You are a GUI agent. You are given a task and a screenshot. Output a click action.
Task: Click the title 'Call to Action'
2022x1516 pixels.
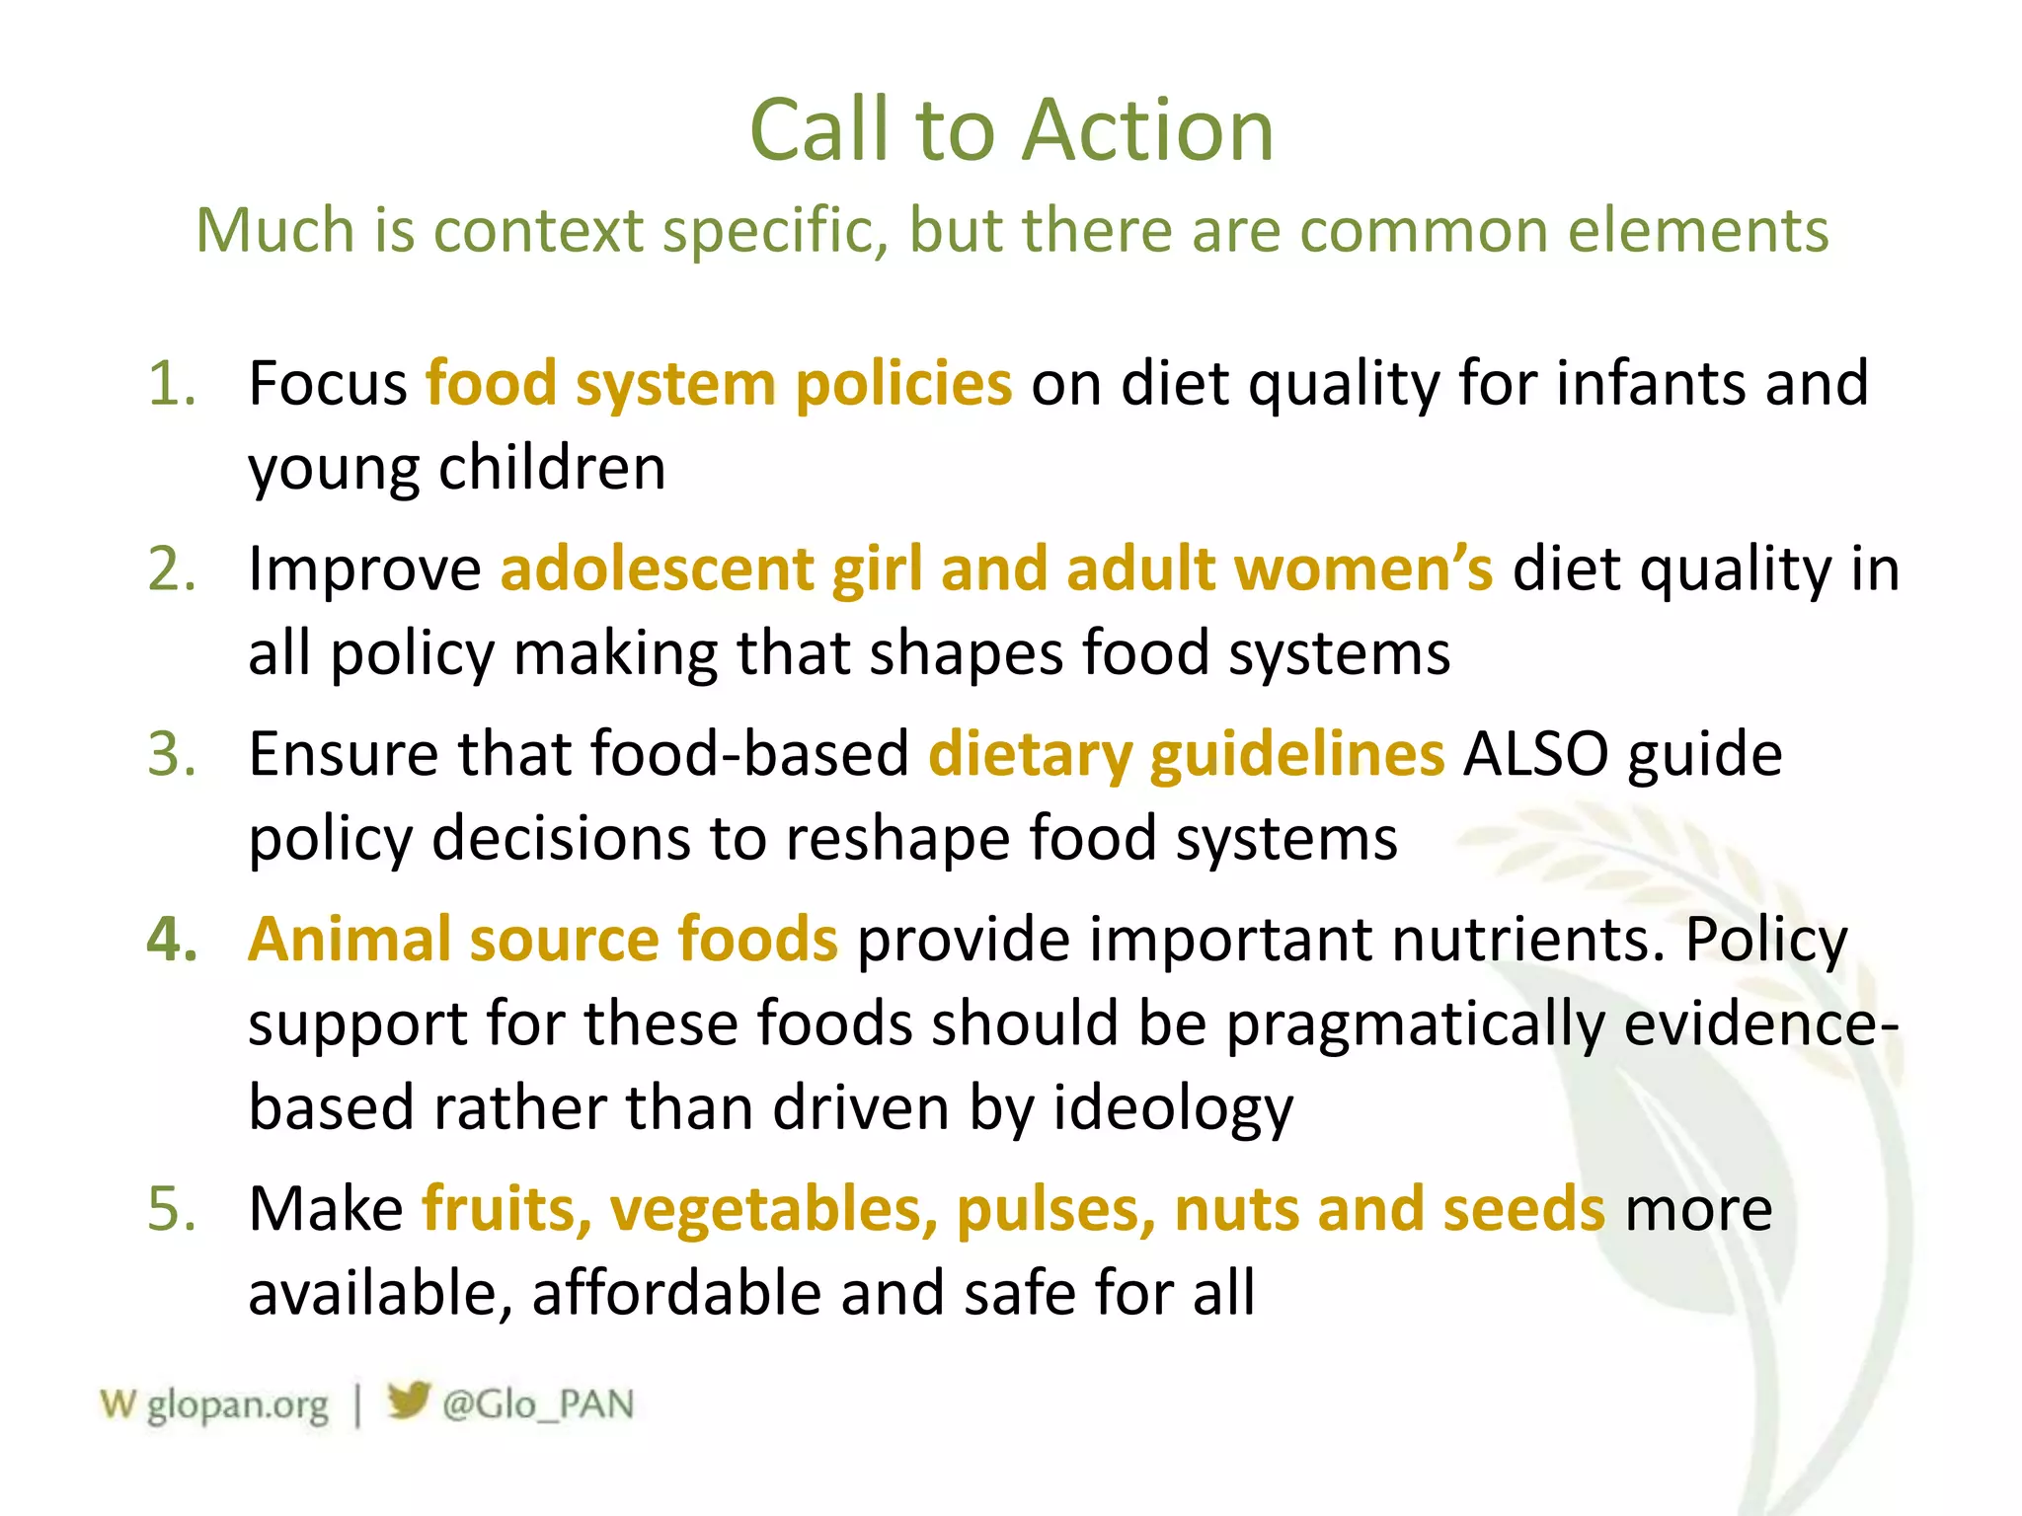point(1011,130)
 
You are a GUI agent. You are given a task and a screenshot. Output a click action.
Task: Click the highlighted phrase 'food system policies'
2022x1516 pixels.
point(719,383)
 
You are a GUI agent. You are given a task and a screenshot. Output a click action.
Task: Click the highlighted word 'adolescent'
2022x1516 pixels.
point(657,569)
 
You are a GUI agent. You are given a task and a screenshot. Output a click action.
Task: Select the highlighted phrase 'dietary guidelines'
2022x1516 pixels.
point(1186,755)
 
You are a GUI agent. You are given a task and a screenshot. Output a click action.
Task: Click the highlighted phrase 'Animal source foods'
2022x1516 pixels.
point(543,939)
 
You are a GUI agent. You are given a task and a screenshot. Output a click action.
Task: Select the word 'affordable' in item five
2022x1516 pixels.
point(676,1293)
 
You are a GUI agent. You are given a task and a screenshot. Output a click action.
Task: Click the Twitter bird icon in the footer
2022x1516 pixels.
point(408,1401)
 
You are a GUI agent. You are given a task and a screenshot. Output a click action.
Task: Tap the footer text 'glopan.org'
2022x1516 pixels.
point(237,1404)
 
